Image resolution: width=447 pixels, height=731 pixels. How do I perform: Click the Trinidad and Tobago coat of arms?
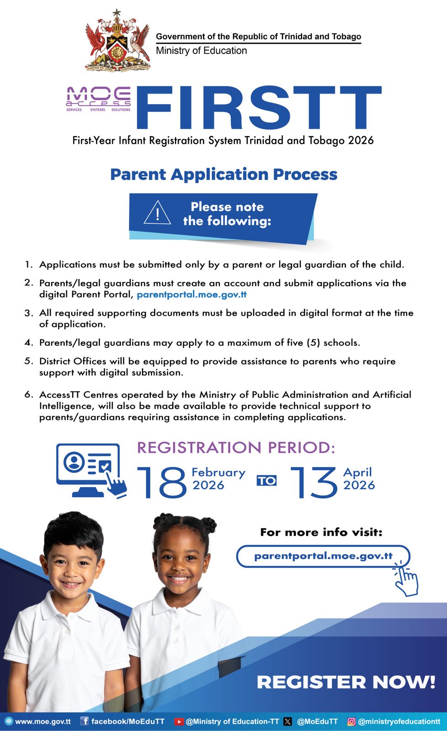[117, 41]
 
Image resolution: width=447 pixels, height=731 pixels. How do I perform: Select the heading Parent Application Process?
[223, 175]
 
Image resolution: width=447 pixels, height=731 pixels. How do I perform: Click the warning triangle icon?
[157, 213]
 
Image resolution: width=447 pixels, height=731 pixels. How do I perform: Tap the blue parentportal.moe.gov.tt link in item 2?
[192, 295]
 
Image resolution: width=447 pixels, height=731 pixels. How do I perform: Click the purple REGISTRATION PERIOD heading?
[236, 448]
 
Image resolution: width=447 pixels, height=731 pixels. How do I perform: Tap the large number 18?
[162, 482]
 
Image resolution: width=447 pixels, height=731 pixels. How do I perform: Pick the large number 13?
[314, 482]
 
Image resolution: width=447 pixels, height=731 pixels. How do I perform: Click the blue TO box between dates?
[266, 481]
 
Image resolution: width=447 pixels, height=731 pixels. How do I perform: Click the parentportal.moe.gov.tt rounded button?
[323, 556]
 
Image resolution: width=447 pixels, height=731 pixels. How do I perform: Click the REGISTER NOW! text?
[346, 682]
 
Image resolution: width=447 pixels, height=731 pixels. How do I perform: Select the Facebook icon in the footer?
[85, 721]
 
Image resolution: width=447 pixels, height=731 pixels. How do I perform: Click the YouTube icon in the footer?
[179, 722]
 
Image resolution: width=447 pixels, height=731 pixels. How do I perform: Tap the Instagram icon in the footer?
[351, 722]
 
